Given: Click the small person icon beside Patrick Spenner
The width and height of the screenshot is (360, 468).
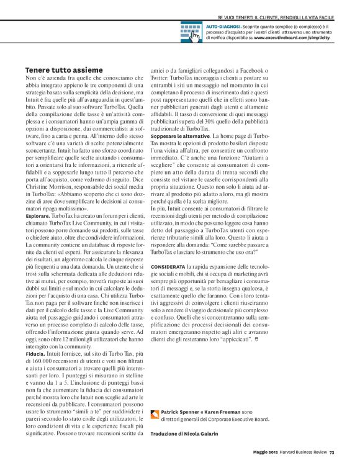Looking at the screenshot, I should point(155,413).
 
